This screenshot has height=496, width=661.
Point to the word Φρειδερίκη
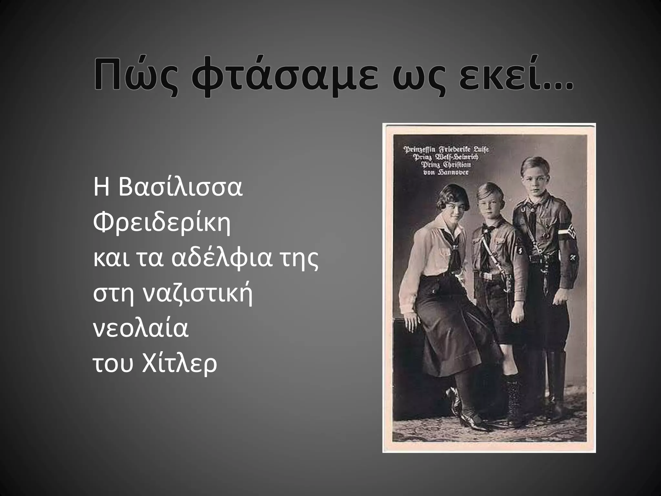click(x=162, y=223)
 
